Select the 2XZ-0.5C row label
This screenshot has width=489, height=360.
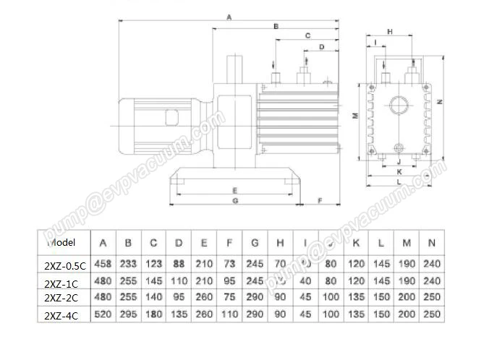[64, 265]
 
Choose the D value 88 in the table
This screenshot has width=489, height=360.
[179, 265]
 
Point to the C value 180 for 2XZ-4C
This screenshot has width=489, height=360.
[153, 314]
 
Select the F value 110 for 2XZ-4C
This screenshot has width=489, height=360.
[229, 314]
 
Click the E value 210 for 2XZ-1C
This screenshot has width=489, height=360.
[204, 281]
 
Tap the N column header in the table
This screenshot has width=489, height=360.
[432, 243]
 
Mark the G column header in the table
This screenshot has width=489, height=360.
[255, 243]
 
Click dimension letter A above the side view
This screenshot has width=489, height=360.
[229, 16]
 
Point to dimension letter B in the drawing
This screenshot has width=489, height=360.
[276, 25]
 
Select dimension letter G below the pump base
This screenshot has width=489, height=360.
[235, 200]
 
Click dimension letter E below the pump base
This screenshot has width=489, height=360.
[235, 189]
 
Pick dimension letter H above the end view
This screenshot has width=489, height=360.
[390, 32]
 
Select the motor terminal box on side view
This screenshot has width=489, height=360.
[173, 116]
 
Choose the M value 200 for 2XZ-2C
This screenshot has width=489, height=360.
[407, 298]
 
